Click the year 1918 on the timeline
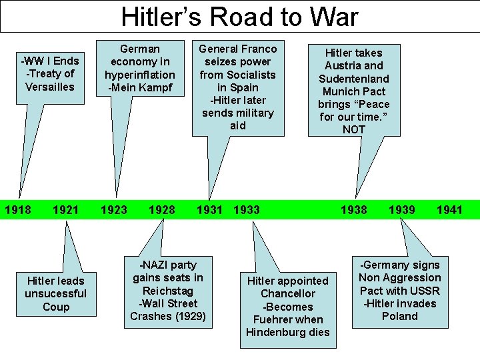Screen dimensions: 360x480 pyautogui.click(x=18, y=210)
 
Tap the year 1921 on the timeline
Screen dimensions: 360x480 pyautogui.click(x=65, y=210)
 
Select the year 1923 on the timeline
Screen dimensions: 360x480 pyautogui.click(x=113, y=210)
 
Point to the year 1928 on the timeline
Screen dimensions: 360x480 pyautogui.click(x=162, y=210)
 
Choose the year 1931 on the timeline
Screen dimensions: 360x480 pyautogui.click(x=210, y=210)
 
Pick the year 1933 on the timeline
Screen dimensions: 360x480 pyautogui.click(x=247, y=210)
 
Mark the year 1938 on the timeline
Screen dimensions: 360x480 pyautogui.click(x=353, y=210)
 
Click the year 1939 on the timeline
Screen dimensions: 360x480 pyautogui.click(x=402, y=210)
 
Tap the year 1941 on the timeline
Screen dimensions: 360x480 pyautogui.click(x=449, y=210)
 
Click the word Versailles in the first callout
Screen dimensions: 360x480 pyautogui.click(x=50, y=87)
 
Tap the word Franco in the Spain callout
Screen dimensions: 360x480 pyautogui.click(x=259, y=49)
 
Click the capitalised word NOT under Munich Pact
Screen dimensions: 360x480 pyautogui.click(x=353, y=129)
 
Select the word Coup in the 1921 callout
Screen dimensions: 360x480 pyautogui.click(x=56, y=307)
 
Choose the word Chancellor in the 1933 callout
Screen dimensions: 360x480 pyautogui.click(x=287, y=294)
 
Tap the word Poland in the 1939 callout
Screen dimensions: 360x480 pyautogui.click(x=399, y=316)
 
